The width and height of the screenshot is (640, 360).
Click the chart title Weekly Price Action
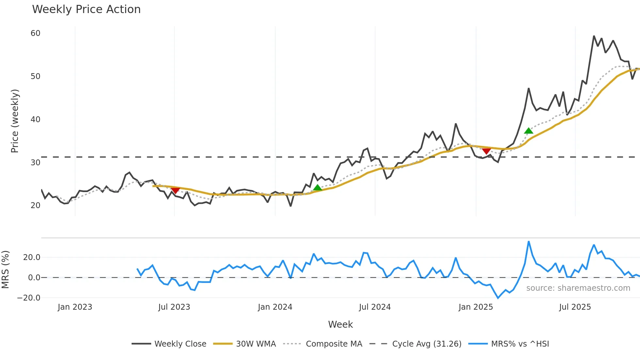coord(86,9)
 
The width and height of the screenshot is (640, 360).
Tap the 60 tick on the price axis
coord(36,33)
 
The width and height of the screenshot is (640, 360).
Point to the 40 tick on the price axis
coord(36,120)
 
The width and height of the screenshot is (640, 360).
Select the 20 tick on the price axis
coord(36,205)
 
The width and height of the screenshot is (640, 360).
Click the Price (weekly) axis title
coord(15,121)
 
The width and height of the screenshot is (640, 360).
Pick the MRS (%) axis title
coord(6,270)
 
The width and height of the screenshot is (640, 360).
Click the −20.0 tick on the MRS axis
coord(29,298)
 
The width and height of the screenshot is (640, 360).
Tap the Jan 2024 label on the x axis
coord(275,307)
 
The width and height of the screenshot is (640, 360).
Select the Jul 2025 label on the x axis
coord(575,307)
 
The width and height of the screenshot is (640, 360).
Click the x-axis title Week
coord(340,324)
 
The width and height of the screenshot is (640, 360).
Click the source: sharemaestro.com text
coord(578,288)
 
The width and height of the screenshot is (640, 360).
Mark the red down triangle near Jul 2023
coord(175,190)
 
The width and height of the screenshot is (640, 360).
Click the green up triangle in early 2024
coord(317,188)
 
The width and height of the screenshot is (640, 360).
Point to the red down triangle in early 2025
coord(487,151)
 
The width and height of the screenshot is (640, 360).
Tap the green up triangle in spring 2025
coord(529,131)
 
